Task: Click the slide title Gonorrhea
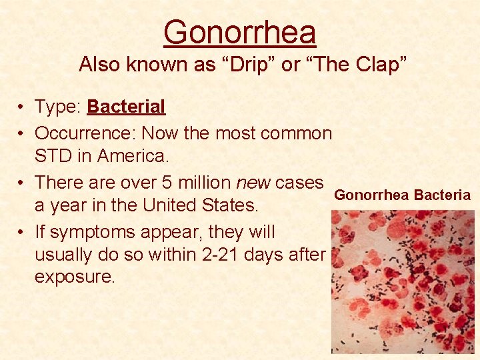239,32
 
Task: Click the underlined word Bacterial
126,107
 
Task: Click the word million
206,182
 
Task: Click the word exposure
75,277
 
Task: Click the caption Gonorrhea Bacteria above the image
402,195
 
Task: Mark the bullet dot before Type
23,107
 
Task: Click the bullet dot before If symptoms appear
23,233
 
